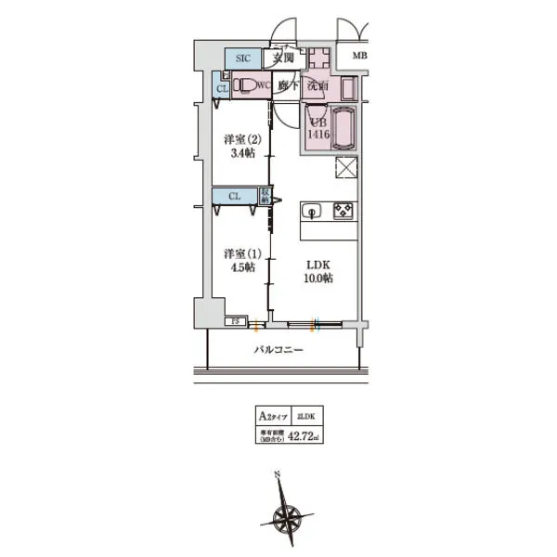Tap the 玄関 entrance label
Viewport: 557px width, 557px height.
(x=283, y=58)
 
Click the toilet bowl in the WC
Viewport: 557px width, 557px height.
(x=243, y=86)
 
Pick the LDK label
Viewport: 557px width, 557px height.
(x=317, y=263)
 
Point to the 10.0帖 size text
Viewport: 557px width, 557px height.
(x=317, y=278)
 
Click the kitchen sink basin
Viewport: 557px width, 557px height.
(x=313, y=211)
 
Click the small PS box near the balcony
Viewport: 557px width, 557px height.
(x=235, y=322)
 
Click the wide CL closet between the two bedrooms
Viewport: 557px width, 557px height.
(x=236, y=196)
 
